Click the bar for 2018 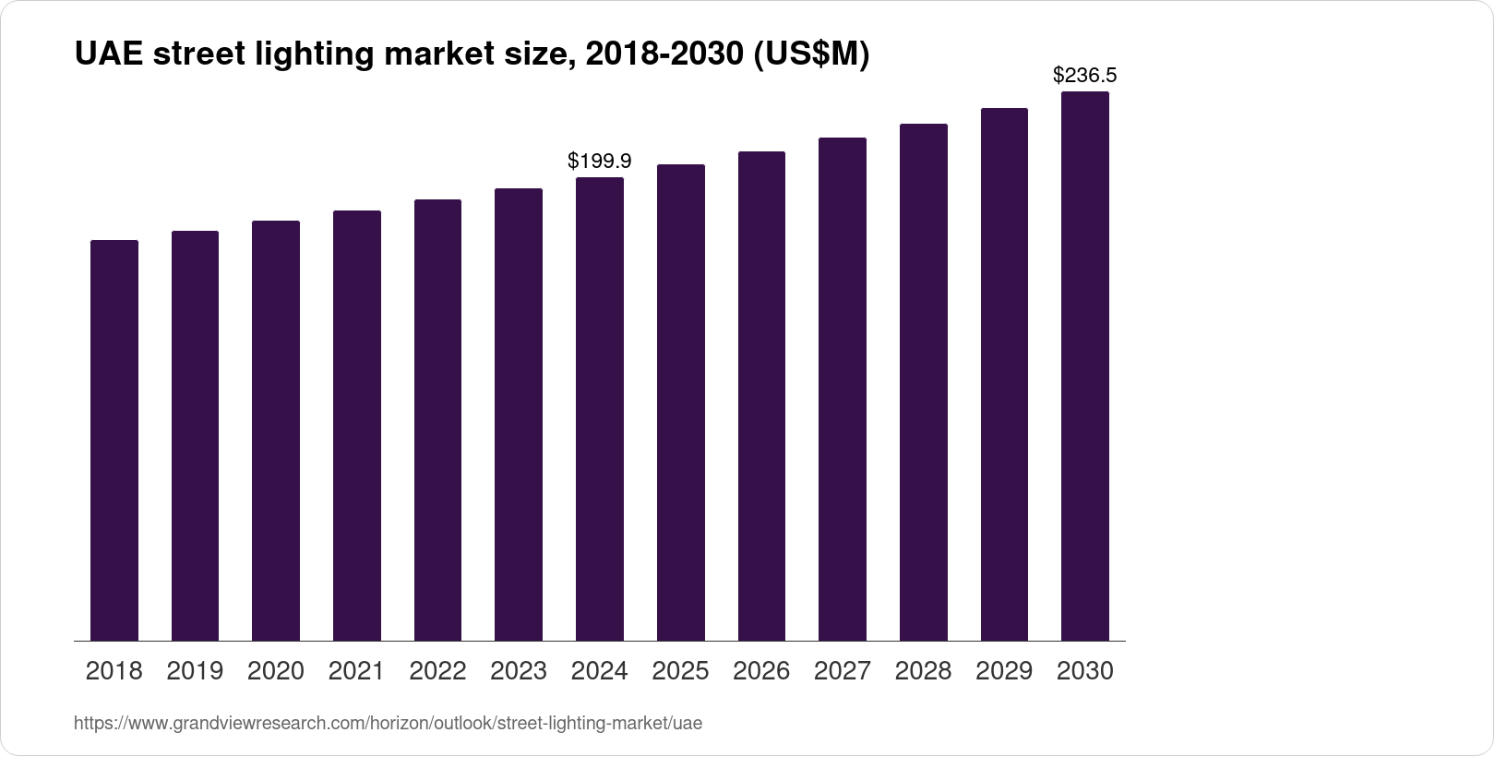[x=114, y=440]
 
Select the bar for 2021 [x=357, y=426]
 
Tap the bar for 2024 [x=600, y=409]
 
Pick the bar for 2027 [x=843, y=389]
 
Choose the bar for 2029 [x=1004, y=374]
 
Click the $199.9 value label [x=600, y=162]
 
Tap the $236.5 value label [x=1084, y=76]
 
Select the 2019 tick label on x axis [x=195, y=671]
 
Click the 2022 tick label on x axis [x=437, y=671]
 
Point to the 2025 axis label [x=680, y=671]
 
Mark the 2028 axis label [x=923, y=671]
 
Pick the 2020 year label [x=276, y=671]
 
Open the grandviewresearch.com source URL [x=388, y=724]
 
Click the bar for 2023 [x=519, y=415]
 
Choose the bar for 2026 [x=761, y=396]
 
